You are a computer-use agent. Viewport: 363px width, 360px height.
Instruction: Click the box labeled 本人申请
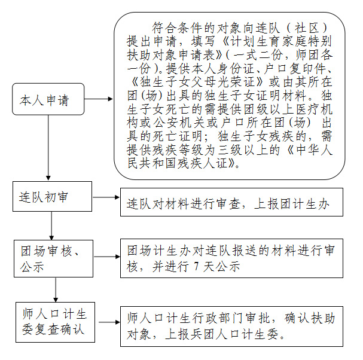(x=48, y=99)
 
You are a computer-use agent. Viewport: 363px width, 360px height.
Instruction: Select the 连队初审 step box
(x=52, y=196)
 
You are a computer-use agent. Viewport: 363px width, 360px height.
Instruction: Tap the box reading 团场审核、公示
(x=53, y=258)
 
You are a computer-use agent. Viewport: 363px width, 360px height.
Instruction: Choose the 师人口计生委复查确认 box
(x=56, y=322)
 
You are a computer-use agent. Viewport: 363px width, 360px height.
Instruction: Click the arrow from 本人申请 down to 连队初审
(x=48, y=148)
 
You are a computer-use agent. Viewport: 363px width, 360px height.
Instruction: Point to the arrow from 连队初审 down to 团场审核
(x=51, y=225)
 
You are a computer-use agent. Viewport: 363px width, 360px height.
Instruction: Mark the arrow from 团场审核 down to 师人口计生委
(x=56, y=289)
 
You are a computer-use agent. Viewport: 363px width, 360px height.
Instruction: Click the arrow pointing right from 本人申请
(x=99, y=99)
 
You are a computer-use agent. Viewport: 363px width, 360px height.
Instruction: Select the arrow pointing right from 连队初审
(x=106, y=197)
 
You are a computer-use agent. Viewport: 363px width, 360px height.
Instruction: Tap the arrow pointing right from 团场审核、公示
(x=107, y=257)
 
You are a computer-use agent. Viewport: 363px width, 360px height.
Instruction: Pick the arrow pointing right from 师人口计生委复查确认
(x=109, y=322)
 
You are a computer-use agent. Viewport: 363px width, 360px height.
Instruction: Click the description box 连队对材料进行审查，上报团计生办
(x=231, y=202)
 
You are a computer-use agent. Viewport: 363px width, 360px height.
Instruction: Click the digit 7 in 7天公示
(x=197, y=267)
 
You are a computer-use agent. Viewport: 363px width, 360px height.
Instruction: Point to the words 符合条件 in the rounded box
(x=178, y=28)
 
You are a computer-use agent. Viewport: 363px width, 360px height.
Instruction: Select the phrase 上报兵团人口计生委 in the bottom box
(x=222, y=334)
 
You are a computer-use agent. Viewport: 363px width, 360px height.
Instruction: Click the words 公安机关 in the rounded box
(x=179, y=123)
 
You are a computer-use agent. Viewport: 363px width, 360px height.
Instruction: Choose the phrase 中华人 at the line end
(x=315, y=150)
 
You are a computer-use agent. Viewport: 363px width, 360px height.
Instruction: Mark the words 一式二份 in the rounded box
(x=257, y=55)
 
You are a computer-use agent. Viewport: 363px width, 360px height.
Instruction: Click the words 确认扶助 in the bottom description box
(x=310, y=318)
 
